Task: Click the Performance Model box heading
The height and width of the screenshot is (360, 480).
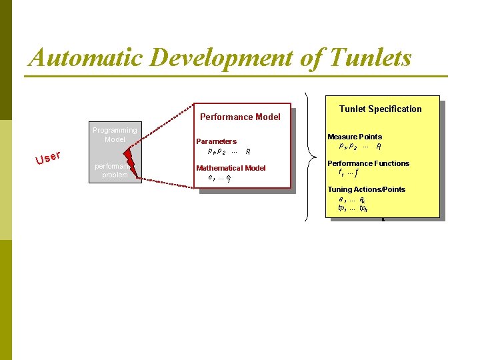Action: pos(240,117)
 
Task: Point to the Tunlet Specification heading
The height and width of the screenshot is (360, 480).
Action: pos(380,109)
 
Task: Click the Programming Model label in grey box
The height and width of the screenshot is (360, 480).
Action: pos(115,135)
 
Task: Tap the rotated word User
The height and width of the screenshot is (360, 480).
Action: pos(49,158)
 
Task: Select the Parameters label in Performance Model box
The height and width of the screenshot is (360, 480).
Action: pos(216,141)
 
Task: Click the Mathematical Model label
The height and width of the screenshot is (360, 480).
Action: pos(231,168)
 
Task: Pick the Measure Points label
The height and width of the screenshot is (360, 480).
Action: pos(355,137)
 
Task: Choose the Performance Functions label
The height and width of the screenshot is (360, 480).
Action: pos(368,163)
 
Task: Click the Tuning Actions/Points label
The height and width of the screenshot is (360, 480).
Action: pos(366,190)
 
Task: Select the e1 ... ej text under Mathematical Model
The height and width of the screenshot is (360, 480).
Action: pos(219,177)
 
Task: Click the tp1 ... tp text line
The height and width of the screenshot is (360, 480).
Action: pos(353,208)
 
